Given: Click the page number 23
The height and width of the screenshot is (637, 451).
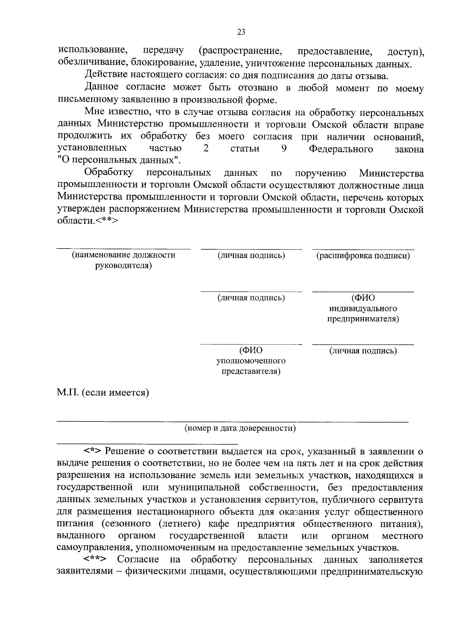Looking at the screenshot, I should coord(241,32).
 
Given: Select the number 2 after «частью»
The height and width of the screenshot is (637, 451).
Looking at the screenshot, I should coord(206,148).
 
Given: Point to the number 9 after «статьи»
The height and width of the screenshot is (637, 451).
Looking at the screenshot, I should coord(284,148).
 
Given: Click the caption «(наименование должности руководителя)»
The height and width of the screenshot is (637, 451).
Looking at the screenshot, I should coord(124,261).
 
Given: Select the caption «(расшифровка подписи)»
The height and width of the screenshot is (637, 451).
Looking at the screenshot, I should coord(363,256).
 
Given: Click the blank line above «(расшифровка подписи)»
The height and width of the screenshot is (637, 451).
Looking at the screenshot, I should coord(363,249).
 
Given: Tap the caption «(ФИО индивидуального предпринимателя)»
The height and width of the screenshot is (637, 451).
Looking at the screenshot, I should coord(363,308).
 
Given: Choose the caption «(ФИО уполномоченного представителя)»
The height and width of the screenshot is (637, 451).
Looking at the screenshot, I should coord(251,361).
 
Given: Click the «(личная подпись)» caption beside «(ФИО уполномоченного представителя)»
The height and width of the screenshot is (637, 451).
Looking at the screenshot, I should coord(363,351).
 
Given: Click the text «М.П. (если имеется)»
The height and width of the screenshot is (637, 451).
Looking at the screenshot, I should coord(103,393).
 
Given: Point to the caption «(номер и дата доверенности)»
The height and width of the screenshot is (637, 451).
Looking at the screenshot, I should coord(240,428).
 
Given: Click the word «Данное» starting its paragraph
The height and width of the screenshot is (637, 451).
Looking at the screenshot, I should coord(102,88).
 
